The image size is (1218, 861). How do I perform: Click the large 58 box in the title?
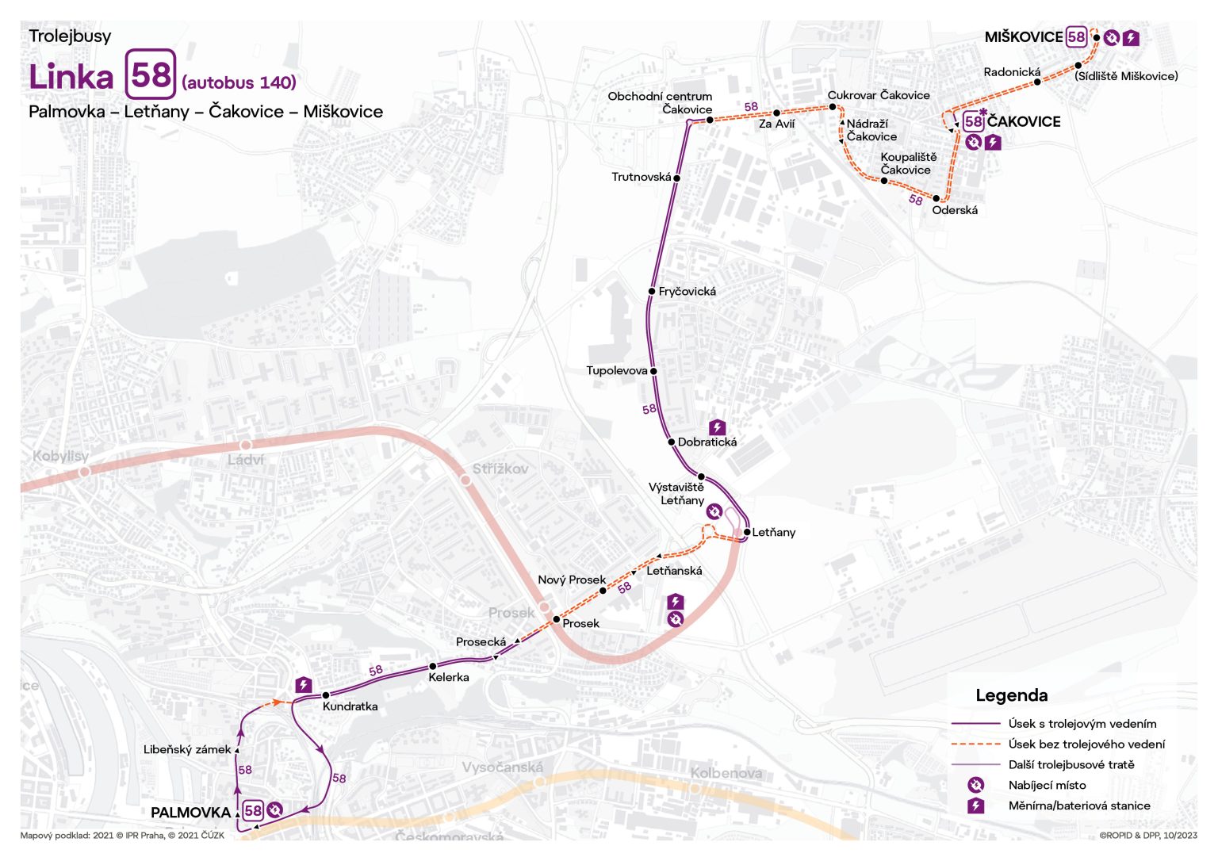pos(151,75)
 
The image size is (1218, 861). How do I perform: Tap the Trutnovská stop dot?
pos(677,178)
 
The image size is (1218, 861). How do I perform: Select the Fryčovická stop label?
pos(687,292)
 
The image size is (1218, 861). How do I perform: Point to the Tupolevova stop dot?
pos(654,371)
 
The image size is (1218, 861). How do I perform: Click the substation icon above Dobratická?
pos(717,427)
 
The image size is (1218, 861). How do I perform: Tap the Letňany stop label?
pos(773,533)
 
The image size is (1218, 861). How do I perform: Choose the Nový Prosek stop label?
pos(571,580)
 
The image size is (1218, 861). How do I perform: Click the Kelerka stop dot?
pos(433,667)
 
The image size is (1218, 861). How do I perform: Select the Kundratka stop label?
pos(350,706)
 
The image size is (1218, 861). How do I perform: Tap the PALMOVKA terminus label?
pos(190,813)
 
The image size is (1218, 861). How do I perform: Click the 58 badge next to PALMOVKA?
pos(253,810)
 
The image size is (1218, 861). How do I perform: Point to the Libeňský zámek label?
pos(187,750)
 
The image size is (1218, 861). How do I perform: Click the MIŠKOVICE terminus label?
pos(1023,37)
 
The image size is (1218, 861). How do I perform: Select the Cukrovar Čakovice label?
pos(879,96)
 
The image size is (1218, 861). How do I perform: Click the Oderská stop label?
pos(955,211)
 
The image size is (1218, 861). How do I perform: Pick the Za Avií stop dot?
pos(777,113)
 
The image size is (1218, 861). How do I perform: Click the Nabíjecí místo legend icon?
pos(975,786)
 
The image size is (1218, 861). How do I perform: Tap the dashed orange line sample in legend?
pos(975,744)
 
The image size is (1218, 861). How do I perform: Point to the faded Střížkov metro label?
pos(500,469)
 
